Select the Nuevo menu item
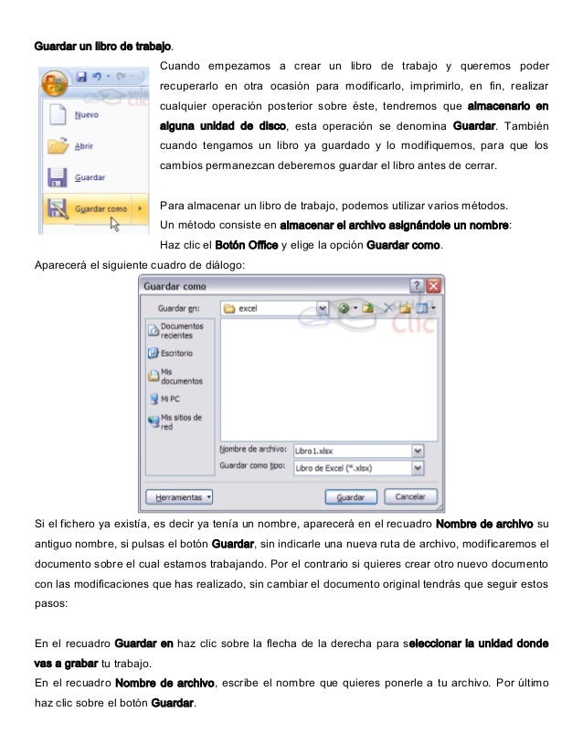coord(86,116)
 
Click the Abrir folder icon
coord(58,146)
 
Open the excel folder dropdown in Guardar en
coord(323,308)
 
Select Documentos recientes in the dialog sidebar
coord(181,330)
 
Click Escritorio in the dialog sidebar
coord(175,353)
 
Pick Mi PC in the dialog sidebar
coord(170,399)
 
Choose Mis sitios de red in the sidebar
coord(180,421)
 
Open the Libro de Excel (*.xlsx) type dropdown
coord(418,467)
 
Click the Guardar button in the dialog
coord(351,497)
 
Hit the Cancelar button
coord(409,497)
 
